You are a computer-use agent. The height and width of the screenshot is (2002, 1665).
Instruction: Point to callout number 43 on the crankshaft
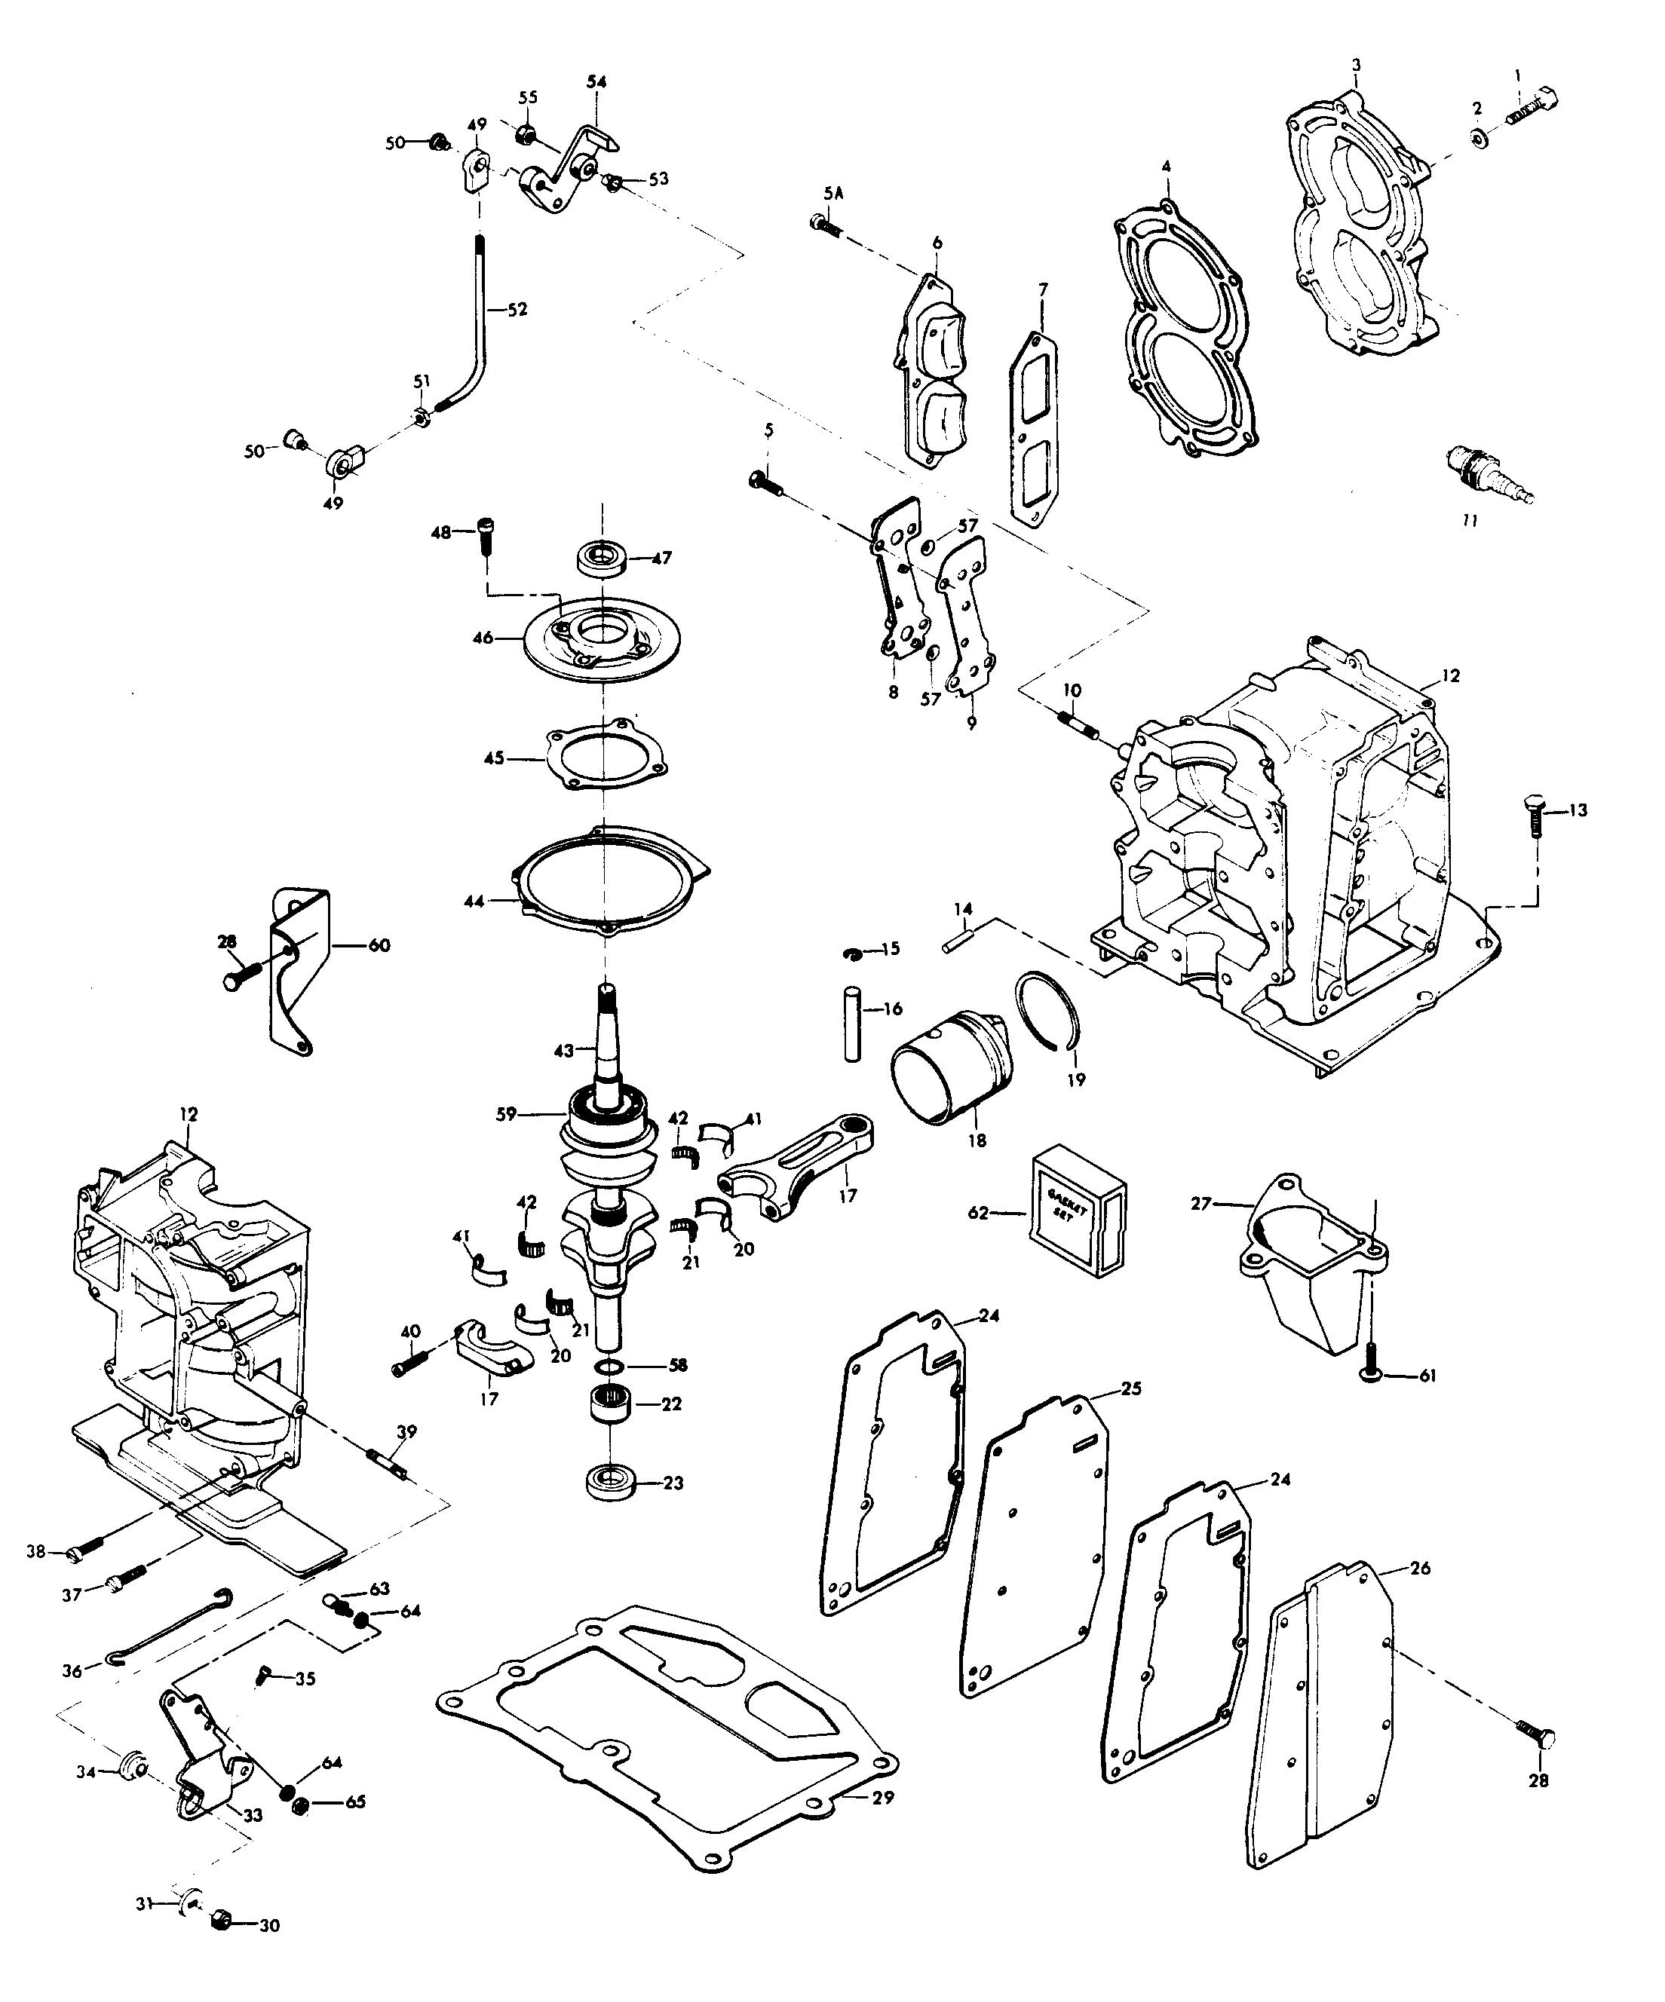563,1050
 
